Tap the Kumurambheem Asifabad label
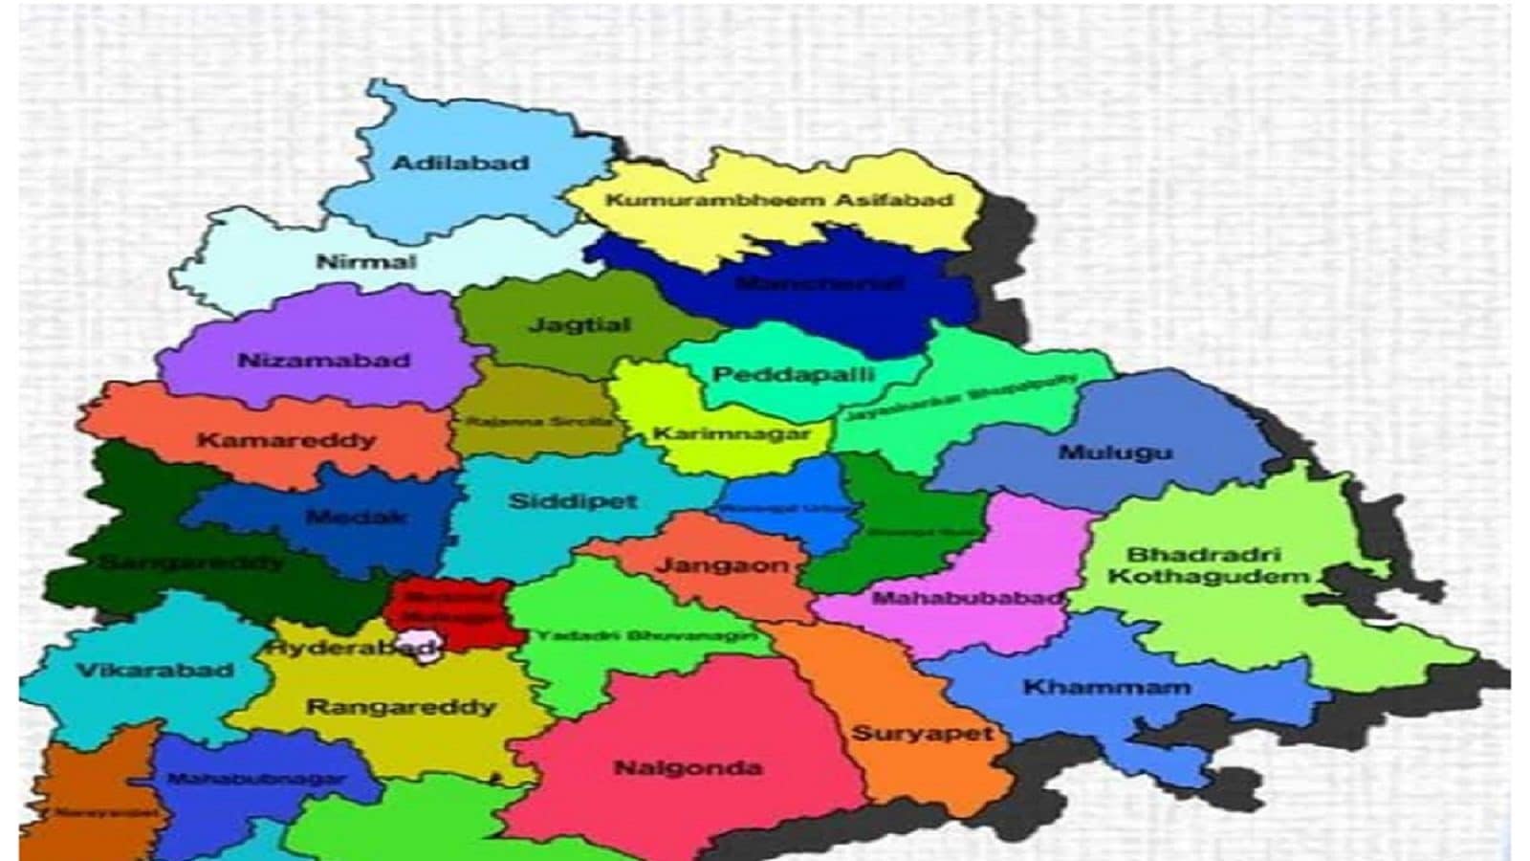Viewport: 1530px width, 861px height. [780, 201]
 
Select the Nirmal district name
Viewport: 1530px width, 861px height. [366, 261]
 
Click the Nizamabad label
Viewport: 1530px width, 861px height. [323, 361]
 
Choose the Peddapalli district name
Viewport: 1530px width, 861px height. [794, 373]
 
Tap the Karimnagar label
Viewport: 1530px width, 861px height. [732, 434]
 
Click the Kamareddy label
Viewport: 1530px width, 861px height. [286, 441]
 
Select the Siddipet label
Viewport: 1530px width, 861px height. [573, 501]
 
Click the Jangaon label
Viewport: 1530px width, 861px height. [722, 564]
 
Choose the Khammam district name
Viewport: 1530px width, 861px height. [1106, 687]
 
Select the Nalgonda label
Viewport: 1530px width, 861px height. [688, 767]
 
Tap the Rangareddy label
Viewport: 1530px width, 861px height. [401, 708]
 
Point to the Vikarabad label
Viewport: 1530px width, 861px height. [154, 670]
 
